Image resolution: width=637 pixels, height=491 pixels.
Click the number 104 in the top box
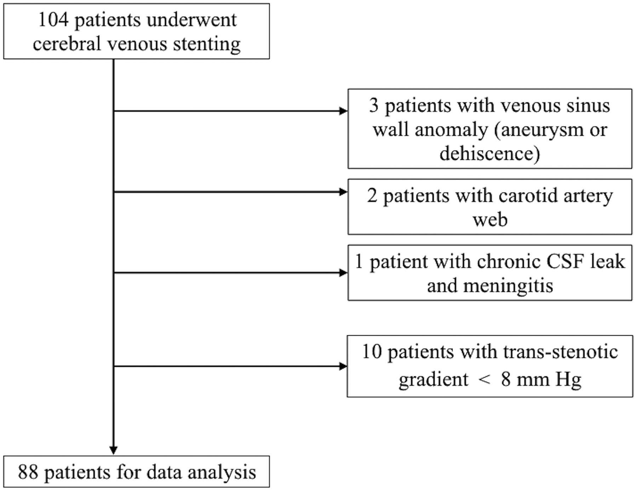[53, 20]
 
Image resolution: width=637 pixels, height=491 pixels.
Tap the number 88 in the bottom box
[28, 472]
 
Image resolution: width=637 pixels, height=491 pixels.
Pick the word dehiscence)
[490, 154]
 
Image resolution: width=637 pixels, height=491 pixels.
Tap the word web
[490, 220]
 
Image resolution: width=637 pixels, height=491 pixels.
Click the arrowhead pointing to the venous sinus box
[343, 111]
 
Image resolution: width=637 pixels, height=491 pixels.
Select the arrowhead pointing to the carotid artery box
[343, 192]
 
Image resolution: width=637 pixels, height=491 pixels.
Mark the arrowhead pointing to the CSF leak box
[343, 273]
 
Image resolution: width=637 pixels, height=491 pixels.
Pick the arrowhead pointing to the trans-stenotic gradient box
[343, 366]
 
